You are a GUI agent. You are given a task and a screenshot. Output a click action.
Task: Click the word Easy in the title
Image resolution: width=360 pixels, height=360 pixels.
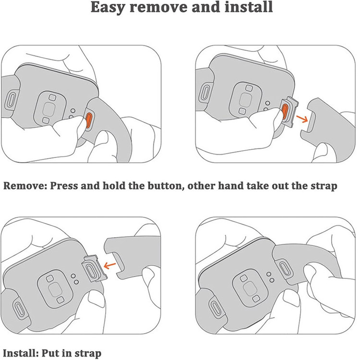(x=108, y=8)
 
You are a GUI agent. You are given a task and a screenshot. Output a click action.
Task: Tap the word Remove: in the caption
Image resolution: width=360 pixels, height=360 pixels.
(x=25, y=185)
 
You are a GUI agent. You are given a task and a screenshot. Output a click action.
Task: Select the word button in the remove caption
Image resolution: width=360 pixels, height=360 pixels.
(x=165, y=186)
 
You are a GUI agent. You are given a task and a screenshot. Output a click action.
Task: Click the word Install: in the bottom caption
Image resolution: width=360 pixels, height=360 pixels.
(x=20, y=353)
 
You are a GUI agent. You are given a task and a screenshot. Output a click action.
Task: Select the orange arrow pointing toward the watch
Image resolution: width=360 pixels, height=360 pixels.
(x=110, y=265)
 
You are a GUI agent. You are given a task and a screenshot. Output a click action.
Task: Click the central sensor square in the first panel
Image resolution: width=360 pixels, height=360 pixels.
(x=48, y=109)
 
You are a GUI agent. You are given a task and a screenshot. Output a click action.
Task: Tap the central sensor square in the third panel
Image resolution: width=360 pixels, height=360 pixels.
(x=55, y=289)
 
